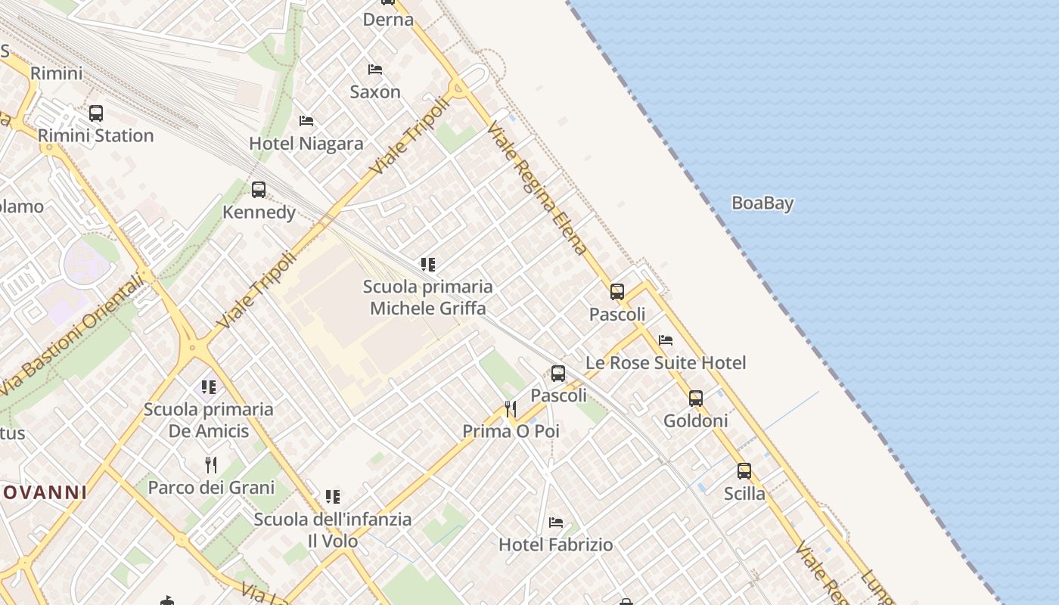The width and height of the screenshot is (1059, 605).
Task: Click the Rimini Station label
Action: pos(95,136)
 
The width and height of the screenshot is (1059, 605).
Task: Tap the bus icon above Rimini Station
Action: pos(95,113)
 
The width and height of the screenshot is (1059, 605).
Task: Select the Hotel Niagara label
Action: pos(306,144)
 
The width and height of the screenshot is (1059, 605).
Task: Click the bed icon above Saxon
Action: pos(374,70)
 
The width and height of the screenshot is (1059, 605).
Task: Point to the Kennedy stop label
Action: pos(259,213)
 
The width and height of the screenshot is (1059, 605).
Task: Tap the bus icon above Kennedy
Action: pos(259,190)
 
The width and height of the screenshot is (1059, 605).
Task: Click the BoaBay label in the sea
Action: pos(762,203)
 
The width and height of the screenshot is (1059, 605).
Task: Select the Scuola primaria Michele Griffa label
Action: pos(428,297)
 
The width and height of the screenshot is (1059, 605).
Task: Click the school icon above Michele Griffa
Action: pos(428,265)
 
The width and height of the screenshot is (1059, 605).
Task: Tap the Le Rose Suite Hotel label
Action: pos(666,363)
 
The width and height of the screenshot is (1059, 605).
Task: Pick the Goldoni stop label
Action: pos(696,420)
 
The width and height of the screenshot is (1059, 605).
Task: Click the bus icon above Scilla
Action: pos(744,471)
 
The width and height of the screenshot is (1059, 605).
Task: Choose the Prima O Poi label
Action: pos(511,431)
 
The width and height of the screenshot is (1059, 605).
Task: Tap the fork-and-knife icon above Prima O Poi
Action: pos(511,409)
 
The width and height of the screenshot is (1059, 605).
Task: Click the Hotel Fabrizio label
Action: pos(556,544)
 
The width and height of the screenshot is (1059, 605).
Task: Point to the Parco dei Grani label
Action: pos(211,488)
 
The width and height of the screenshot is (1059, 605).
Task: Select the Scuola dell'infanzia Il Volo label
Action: pos(333,530)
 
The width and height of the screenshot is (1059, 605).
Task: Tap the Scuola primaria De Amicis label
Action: pos(209,420)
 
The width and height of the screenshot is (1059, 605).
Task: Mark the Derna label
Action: pos(388,20)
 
